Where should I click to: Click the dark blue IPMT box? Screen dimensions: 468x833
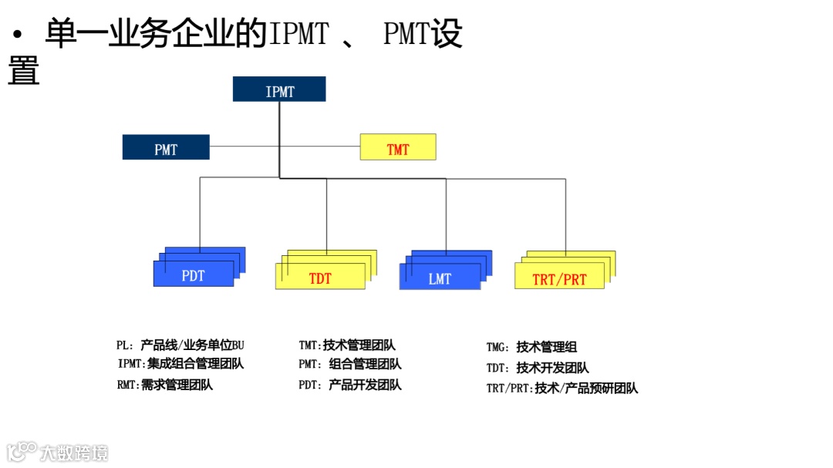279,89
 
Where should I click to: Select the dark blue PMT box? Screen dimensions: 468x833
166,147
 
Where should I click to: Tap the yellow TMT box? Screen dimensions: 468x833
398,147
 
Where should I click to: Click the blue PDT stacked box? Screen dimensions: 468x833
194,274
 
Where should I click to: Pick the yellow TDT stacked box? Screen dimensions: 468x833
320,277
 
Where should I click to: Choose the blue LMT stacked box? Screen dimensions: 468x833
440,278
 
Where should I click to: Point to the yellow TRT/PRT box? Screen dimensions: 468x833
559,278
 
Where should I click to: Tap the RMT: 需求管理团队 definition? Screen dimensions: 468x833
164,385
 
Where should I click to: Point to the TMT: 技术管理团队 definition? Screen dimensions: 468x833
347,345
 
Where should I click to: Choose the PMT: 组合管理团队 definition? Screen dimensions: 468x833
349,364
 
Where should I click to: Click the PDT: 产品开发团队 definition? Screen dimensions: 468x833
349,385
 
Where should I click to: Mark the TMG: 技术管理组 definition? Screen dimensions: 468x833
531,347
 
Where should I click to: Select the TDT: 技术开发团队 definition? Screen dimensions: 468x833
538,368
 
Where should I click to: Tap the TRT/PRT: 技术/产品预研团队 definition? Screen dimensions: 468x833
562,389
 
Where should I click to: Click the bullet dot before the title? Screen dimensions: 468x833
17,35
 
